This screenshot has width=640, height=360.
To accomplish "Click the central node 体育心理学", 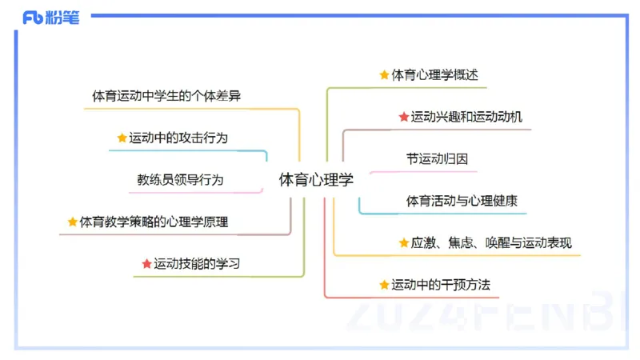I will (x=316, y=180).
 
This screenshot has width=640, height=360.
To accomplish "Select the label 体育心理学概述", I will (x=439, y=75).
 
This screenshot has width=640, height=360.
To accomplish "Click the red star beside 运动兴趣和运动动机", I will (x=404, y=118).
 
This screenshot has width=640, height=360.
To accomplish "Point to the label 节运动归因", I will (x=437, y=159).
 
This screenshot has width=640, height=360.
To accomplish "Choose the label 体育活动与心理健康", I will (x=462, y=201).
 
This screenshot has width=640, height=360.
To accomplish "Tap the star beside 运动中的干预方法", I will (x=384, y=285).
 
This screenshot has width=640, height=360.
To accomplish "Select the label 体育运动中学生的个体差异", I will (x=166, y=96).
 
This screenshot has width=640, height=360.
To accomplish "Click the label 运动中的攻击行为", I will (x=178, y=138).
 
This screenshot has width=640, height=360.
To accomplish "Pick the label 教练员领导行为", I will (x=180, y=180).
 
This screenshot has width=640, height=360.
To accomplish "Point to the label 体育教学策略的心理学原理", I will (x=154, y=222).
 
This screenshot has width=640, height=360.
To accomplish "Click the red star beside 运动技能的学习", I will (x=146, y=264).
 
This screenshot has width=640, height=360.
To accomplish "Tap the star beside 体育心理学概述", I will (x=384, y=75).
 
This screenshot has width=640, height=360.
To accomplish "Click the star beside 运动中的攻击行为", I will (x=122, y=138).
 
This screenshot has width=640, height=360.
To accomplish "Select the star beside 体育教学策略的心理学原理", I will (x=73, y=222).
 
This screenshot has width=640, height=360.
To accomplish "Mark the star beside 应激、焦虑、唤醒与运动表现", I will (x=404, y=242).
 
